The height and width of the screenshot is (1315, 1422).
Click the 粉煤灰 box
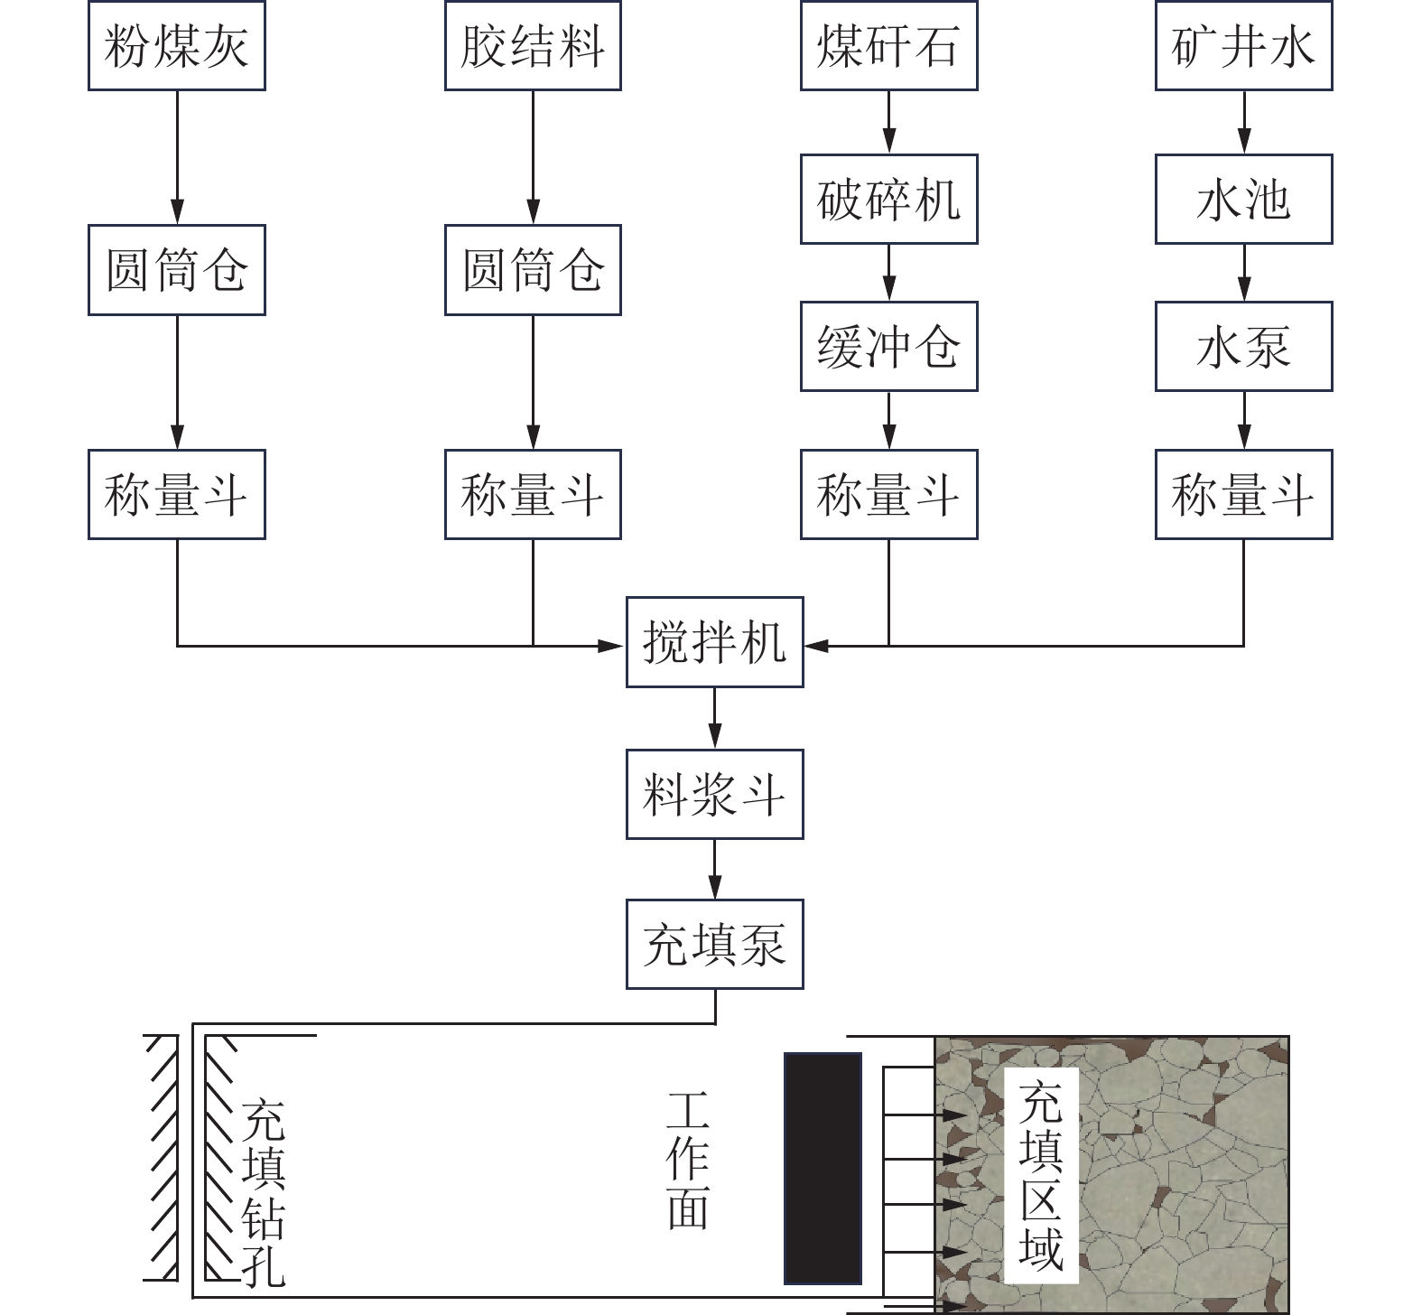[176, 45]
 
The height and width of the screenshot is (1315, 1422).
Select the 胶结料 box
[533, 45]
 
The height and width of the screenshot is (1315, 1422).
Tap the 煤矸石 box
[889, 45]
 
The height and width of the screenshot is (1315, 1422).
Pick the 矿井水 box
[1244, 45]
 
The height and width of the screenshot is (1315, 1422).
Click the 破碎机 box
[889, 199]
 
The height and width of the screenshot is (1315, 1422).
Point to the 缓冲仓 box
[889, 346]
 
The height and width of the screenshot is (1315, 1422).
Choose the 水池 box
[1244, 199]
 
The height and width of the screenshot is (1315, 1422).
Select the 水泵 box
[1244, 346]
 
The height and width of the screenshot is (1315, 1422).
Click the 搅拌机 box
[715, 642]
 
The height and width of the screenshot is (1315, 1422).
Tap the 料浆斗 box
[715, 794]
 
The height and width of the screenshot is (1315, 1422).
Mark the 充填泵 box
[715, 945]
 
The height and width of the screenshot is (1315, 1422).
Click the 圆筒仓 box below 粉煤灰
[176, 270]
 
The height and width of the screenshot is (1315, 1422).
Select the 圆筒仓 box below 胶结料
[533, 270]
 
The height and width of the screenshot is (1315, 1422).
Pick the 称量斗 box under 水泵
[1244, 495]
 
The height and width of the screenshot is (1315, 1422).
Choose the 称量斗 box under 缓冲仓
[889, 495]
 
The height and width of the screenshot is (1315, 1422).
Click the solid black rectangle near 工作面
[823, 1168]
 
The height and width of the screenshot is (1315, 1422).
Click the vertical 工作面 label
[688, 1160]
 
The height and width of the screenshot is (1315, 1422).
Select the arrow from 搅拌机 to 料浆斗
[715, 718]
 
